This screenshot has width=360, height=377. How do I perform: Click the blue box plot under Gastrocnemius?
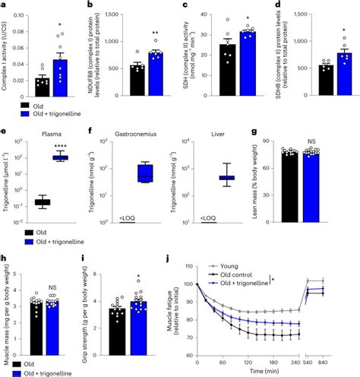coord(141,172)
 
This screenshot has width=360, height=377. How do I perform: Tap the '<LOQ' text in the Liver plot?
coord(207,218)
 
